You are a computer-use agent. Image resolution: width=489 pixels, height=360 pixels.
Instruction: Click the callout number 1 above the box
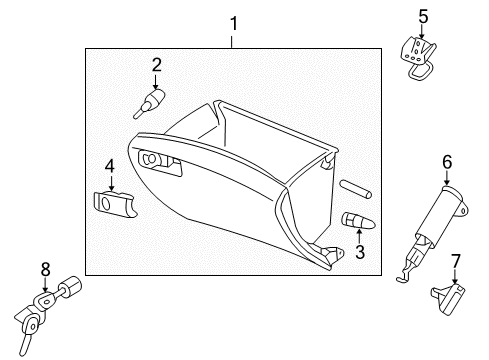(234, 24)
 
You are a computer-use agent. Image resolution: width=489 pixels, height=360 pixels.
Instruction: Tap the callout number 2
(156, 65)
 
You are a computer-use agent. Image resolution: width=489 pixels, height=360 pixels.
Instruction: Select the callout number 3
(360, 252)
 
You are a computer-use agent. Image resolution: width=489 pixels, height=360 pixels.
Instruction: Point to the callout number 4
(110, 166)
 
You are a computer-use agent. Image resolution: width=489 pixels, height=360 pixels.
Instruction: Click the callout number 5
(423, 17)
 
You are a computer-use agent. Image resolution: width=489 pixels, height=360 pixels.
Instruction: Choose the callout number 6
(447, 162)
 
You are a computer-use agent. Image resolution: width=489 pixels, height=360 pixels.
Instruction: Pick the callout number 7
(455, 261)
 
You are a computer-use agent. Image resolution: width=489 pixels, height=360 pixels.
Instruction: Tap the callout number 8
(45, 269)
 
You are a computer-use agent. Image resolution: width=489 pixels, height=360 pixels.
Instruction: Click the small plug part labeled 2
(149, 103)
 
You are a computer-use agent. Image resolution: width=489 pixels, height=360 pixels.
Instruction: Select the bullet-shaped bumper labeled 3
(359, 221)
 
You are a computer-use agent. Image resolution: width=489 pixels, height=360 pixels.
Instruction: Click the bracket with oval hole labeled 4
(114, 204)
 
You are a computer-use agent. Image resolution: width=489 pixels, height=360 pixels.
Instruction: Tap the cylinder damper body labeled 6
(439, 217)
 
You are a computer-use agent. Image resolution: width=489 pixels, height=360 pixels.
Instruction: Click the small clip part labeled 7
(448, 299)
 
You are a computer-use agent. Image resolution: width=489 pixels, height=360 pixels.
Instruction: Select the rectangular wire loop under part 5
(420, 71)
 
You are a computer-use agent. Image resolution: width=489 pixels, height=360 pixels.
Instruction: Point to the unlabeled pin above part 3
(355, 189)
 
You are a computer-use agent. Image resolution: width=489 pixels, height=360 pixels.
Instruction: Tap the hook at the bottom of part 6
(406, 277)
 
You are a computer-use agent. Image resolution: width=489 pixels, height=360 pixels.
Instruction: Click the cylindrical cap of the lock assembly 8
(70, 287)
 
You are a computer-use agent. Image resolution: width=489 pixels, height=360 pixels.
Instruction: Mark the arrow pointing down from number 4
(111, 183)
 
